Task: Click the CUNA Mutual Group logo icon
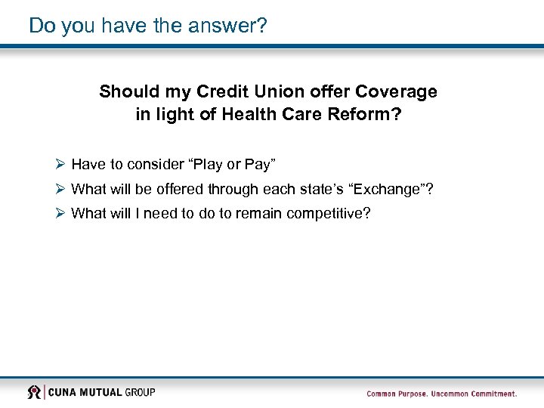pos(34,392)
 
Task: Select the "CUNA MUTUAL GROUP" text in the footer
pos(102,392)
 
